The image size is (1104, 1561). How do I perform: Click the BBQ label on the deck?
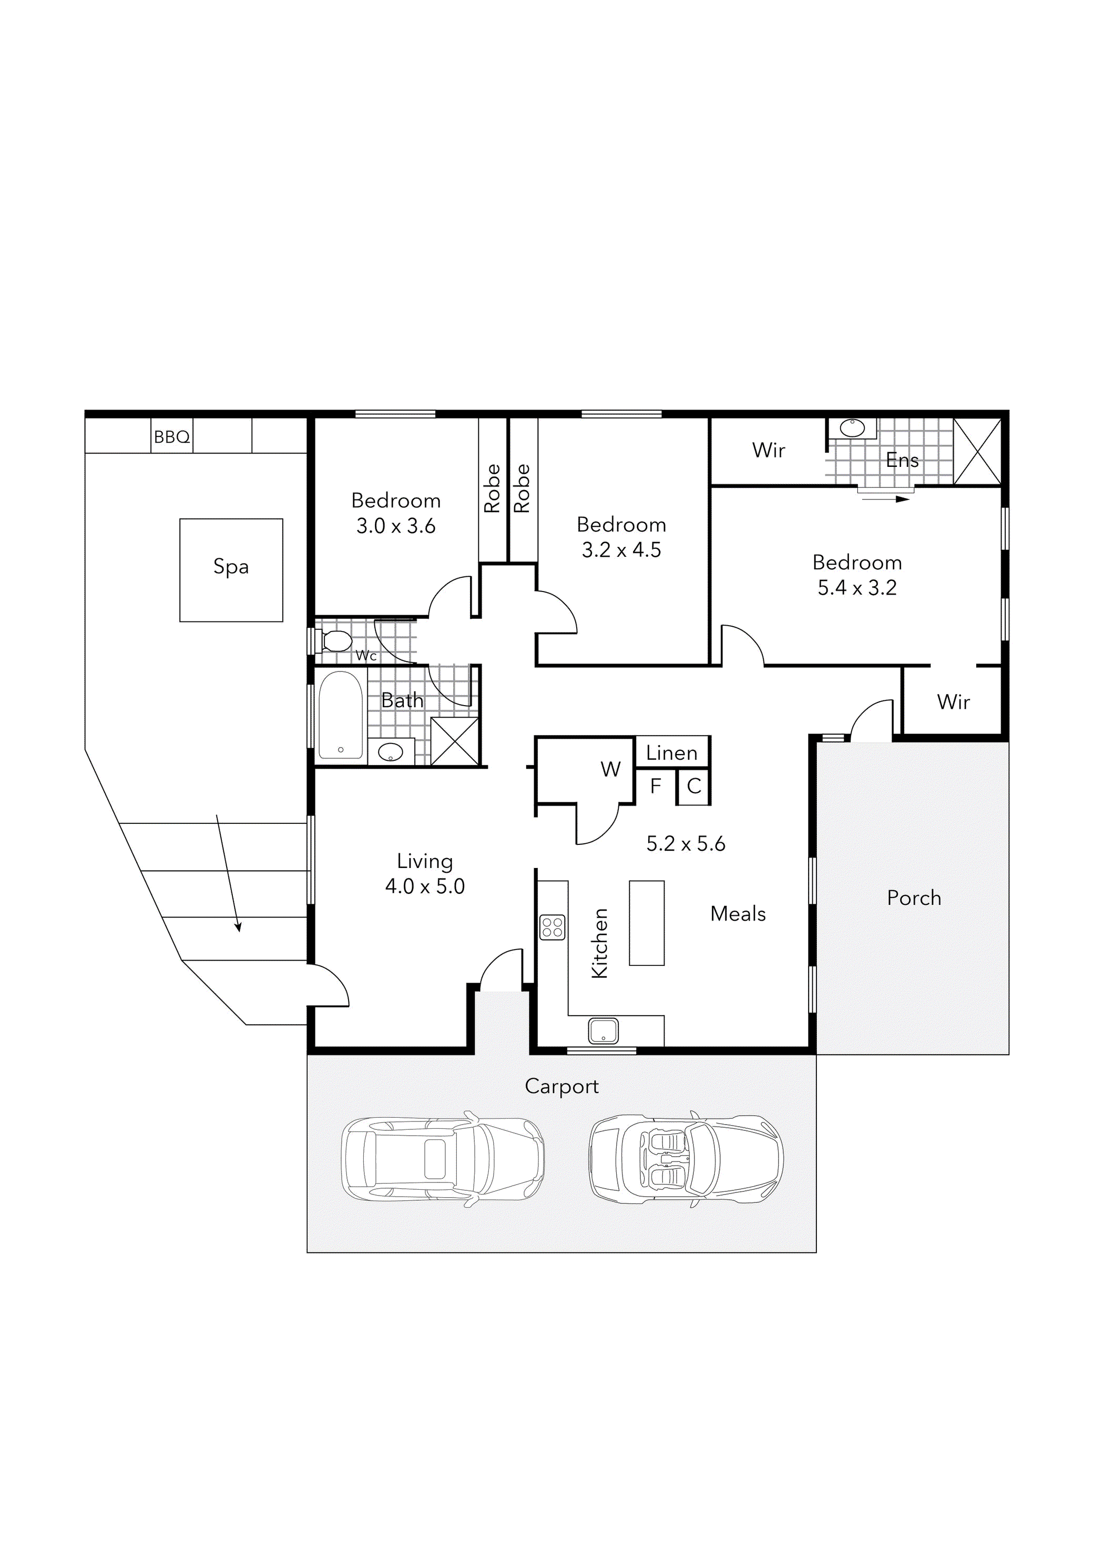point(171,436)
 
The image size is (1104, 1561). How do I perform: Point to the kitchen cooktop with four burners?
point(552,927)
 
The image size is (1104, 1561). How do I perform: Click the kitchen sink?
point(603,1031)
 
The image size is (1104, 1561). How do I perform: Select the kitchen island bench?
point(647,923)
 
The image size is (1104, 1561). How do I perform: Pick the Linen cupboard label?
point(672,752)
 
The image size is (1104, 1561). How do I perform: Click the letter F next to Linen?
point(656,786)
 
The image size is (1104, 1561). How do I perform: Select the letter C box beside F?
point(694,787)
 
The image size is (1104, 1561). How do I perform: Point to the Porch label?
point(914,897)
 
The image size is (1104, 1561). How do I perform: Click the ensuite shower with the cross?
point(977,452)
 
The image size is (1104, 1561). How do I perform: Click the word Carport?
point(561,1086)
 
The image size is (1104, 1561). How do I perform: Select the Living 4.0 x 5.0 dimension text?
point(425,886)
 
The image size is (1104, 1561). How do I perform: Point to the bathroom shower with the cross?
point(455,741)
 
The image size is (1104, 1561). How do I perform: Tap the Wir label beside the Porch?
point(953,701)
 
